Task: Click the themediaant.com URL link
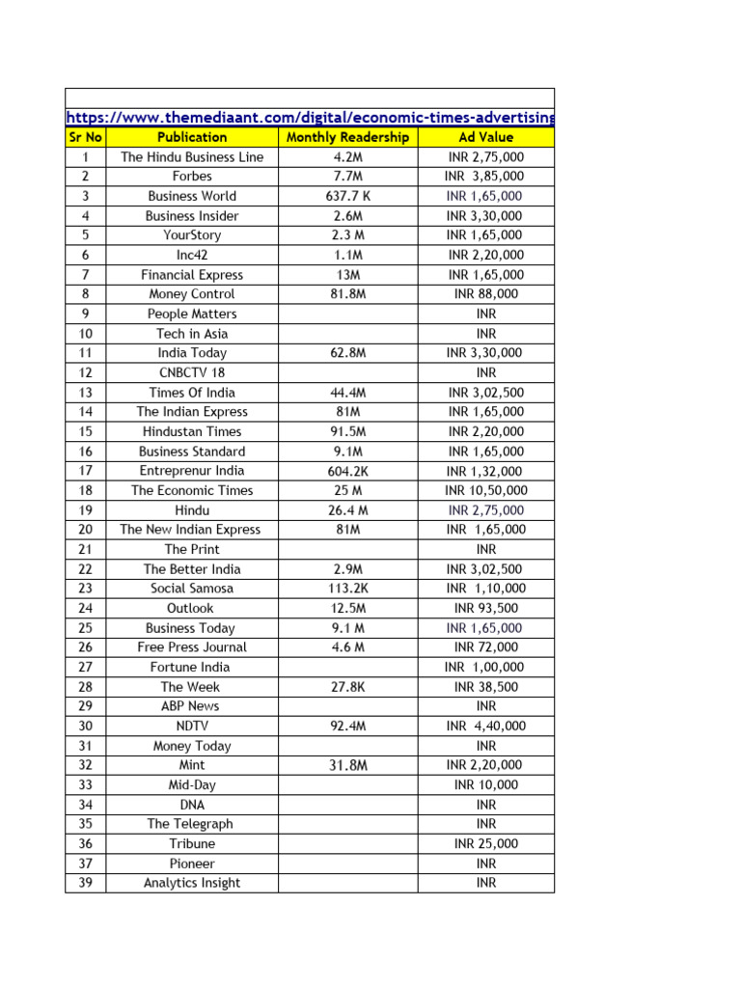click(x=310, y=118)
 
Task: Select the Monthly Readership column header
click(x=347, y=137)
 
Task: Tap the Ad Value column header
click(x=485, y=137)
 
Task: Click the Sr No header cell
click(x=85, y=137)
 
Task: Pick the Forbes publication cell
click(x=192, y=177)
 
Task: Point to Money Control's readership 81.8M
click(x=347, y=294)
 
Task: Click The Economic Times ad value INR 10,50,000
click(x=485, y=490)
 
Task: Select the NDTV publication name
click(x=192, y=726)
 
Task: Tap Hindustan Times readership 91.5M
click(x=347, y=431)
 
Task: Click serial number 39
click(x=85, y=883)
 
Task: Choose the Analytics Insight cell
click(x=192, y=883)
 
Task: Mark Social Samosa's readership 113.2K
click(x=347, y=589)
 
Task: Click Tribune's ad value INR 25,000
click(x=485, y=843)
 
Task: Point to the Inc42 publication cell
click(x=192, y=255)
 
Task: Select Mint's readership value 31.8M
click(x=347, y=765)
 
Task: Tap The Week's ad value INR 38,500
click(x=485, y=687)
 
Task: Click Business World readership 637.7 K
click(x=347, y=196)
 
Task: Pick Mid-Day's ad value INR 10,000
click(x=485, y=784)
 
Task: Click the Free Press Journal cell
click(x=192, y=647)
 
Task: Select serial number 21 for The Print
click(x=85, y=549)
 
